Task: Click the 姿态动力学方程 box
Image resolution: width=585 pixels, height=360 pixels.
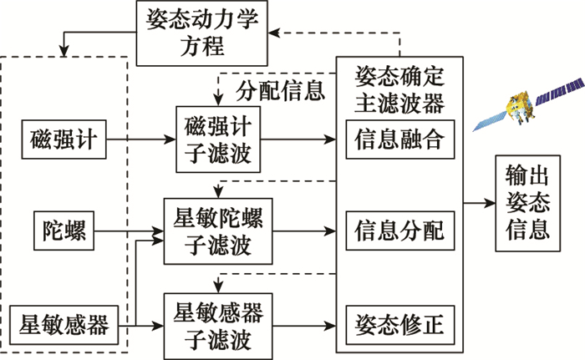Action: click(x=201, y=33)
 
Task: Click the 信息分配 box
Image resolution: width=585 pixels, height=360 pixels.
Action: click(x=399, y=229)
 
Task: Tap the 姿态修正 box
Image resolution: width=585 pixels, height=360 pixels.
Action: click(x=399, y=321)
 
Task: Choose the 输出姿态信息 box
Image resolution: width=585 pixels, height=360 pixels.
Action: click(x=528, y=203)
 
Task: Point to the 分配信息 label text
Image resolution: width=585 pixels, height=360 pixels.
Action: click(x=280, y=90)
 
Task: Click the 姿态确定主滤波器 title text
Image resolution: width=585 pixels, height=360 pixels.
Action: click(x=399, y=89)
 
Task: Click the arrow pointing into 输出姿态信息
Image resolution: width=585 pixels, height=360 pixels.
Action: click(x=476, y=203)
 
